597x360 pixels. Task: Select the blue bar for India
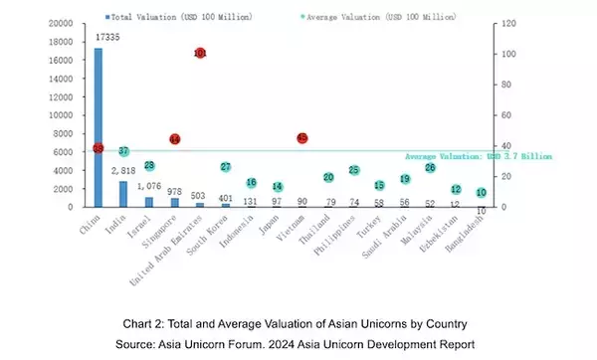pos(123,194)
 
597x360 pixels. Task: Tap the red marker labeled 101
pos(200,53)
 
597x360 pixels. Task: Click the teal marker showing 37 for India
pos(123,151)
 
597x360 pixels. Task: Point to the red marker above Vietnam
pos(302,138)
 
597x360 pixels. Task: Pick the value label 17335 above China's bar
pos(107,37)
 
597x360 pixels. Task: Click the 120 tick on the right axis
pos(507,23)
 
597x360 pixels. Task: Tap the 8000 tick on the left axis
pos(62,133)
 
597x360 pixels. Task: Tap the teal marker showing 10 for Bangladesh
pos(482,193)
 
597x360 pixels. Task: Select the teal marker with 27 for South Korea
pos(226,167)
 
